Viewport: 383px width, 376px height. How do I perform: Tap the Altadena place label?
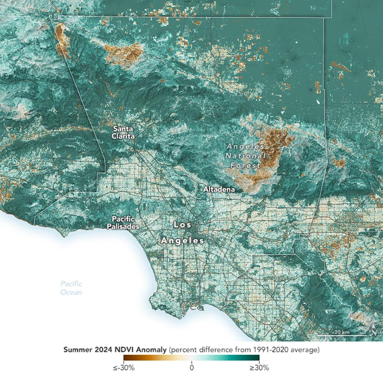coord(219,189)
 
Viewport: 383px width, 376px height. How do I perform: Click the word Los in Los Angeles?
coord(181,224)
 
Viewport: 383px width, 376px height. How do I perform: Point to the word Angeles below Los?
coord(182,241)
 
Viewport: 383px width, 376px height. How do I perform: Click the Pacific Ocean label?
coord(71,288)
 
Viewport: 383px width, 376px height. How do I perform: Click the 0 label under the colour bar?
coord(192,367)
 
